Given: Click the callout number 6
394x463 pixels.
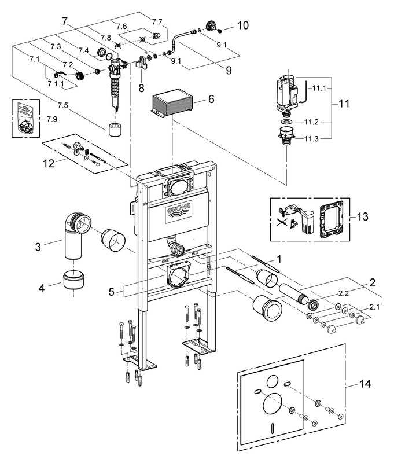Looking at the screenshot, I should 211,99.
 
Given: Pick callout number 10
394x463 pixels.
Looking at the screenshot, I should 242,25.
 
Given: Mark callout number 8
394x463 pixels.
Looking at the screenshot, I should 141,88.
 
